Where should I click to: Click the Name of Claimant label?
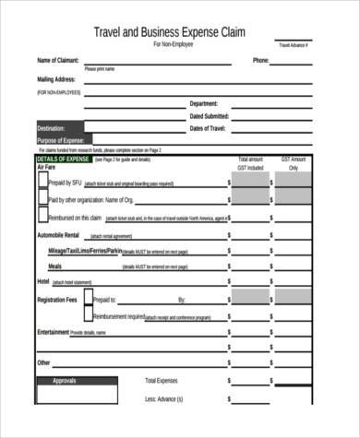pyautogui.click(x=58, y=61)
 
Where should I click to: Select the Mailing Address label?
pyautogui.click(x=56, y=80)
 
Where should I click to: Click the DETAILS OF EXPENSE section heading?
pyautogui.click(x=63, y=160)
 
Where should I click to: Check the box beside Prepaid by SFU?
pyautogui.click(x=42, y=183)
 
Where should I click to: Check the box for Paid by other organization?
pyautogui.click(x=42, y=199)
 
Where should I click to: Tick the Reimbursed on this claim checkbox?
pyautogui.click(x=42, y=217)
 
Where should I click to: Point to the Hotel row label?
pyautogui.click(x=42, y=280)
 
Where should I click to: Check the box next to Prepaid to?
pyautogui.click(x=89, y=299)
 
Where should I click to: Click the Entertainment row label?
pyautogui.click(x=53, y=331)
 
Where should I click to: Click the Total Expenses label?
pyautogui.click(x=162, y=380)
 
